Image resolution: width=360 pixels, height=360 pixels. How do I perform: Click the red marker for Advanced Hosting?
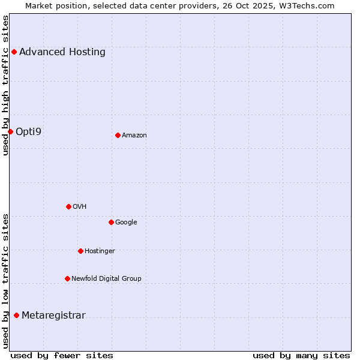(x=14, y=52)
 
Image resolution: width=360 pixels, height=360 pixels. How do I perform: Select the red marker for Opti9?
(x=10, y=131)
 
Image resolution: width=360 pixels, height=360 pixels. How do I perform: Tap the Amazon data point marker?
(x=118, y=135)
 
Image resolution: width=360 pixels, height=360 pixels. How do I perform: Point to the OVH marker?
(x=68, y=206)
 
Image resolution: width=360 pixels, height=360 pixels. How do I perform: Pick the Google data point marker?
(x=111, y=222)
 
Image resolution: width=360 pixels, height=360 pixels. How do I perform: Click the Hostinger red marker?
(x=80, y=251)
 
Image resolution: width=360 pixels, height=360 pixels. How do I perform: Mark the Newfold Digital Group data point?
(x=67, y=278)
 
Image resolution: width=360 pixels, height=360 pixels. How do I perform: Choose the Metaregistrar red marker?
(x=16, y=316)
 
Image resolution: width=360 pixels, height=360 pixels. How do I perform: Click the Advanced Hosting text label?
(x=62, y=52)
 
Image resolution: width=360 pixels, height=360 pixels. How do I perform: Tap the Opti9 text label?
(x=29, y=131)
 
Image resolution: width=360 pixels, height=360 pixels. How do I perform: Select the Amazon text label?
(x=134, y=135)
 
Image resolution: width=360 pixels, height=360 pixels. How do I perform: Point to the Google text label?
(x=126, y=222)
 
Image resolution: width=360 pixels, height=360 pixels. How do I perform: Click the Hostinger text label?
(x=100, y=251)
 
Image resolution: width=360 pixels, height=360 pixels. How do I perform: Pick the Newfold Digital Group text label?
(x=106, y=278)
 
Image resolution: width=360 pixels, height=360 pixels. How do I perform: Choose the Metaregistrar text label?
(x=53, y=316)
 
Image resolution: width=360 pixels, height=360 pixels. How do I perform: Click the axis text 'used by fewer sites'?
(x=62, y=355)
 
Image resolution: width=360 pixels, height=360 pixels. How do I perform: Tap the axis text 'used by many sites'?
(x=301, y=355)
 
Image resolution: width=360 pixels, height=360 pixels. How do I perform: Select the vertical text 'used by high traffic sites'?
(x=5, y=85)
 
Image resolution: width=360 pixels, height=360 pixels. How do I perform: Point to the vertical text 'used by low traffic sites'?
(x=5, y=281)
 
